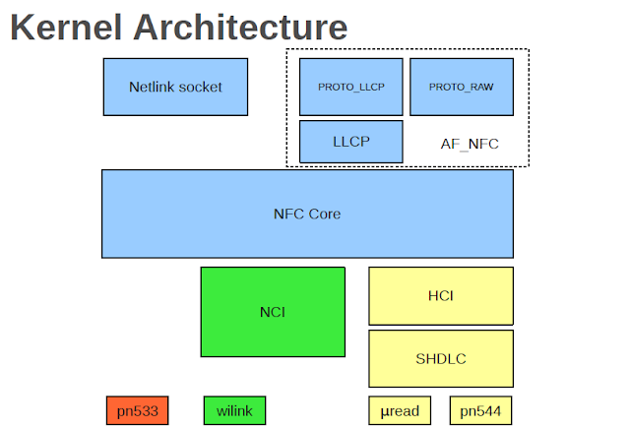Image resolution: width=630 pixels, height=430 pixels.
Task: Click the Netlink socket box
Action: [x=175, y=87]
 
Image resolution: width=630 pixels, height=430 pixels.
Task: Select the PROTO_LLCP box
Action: [x=350, y=87]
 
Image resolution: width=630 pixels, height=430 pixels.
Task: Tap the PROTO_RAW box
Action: [x=461, y=87]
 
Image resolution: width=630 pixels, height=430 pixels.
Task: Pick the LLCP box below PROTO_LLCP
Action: [x=350, y=142]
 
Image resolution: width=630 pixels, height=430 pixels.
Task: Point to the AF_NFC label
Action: [x=470, y=144]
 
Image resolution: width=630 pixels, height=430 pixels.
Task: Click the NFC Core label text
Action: [x=306, y=214]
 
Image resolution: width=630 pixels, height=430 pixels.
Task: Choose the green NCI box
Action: [x=273, y=313]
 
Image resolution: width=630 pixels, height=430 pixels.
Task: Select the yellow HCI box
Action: [x=440, y=295]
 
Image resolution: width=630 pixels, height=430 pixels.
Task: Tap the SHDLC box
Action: [x=440, y=357]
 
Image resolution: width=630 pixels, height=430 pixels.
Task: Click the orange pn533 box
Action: [x=137, y=410]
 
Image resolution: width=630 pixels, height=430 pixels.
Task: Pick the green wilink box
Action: [x=234, y=410]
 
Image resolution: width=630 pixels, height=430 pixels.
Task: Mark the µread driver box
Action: [x=400, y=410]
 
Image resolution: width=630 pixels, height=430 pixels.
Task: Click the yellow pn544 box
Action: [x=481, y=410]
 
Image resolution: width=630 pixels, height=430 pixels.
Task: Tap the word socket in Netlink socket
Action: [x=201, y=87]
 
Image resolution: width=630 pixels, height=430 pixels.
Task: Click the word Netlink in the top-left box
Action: [x=152, y=87]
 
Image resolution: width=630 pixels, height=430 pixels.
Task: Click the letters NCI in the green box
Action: [x=273, y=313]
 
